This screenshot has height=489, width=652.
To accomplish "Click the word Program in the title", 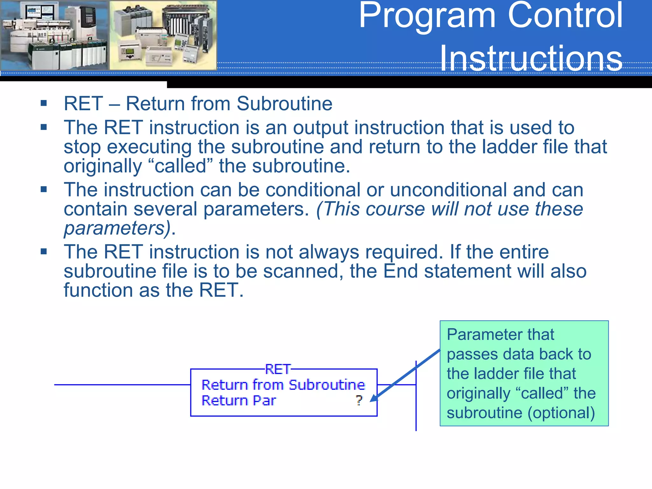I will pyautogui.click(x=427, y=16).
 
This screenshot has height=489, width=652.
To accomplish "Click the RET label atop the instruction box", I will pyautogui.click(x=278, y=369).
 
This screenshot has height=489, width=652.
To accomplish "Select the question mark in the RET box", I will pyautogui.click(x=359, y=400).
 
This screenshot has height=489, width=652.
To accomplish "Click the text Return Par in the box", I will pyautogui.click(x=238, y=400).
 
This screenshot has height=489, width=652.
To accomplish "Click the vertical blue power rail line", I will pyautogui.click(x=416, y=414).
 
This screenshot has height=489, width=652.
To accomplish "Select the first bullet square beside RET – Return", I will pyautogui.click(x=44, y=103).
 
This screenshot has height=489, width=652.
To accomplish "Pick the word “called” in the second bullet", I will pyautogui.click(x=181, y=166).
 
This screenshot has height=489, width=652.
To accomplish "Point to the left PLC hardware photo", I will pyautogui.click(x=54, y=35).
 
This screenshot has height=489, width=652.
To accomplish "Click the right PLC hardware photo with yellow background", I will pyautogui.click(x=163, y=35).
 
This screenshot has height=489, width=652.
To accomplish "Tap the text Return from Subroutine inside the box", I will pyautogui.click(x=283, y=385).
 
